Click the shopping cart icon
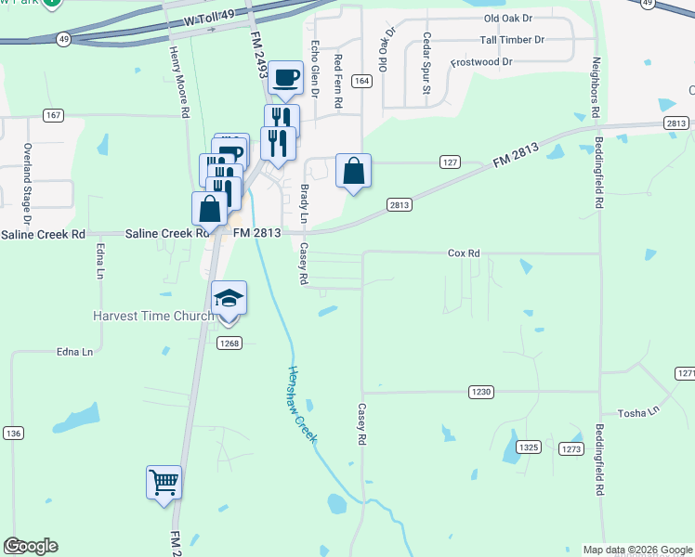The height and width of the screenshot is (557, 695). click(164, 483)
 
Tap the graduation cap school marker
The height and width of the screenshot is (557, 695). click(229, 299)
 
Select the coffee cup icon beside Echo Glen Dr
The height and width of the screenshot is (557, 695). click(286, 78)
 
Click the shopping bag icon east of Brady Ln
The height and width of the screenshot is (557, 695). click(353, 172)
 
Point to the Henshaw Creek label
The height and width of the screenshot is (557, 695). click(301, 403)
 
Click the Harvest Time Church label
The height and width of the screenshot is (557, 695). click(153, 316)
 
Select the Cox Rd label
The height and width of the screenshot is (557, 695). click(463, 253)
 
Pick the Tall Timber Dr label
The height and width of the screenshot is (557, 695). click(512, 41)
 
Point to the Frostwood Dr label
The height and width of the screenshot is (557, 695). click(481, 62)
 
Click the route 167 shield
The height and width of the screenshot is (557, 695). click(52, 115)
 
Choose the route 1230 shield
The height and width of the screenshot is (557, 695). click(480, 392)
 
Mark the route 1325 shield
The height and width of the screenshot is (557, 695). click(529, 447)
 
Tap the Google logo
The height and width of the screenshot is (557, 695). click(31, 546)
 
